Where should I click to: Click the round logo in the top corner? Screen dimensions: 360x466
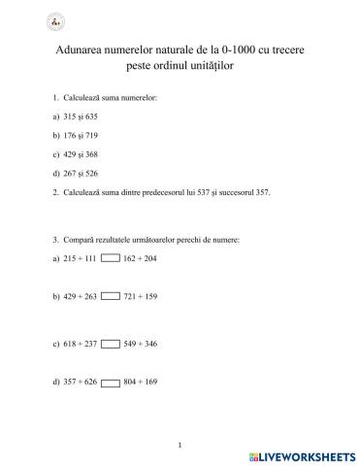[25, 21]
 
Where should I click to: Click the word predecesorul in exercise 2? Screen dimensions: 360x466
[168, 191]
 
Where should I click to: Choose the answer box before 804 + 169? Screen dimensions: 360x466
[111, 381]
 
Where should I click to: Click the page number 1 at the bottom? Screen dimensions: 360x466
[180, 445]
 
